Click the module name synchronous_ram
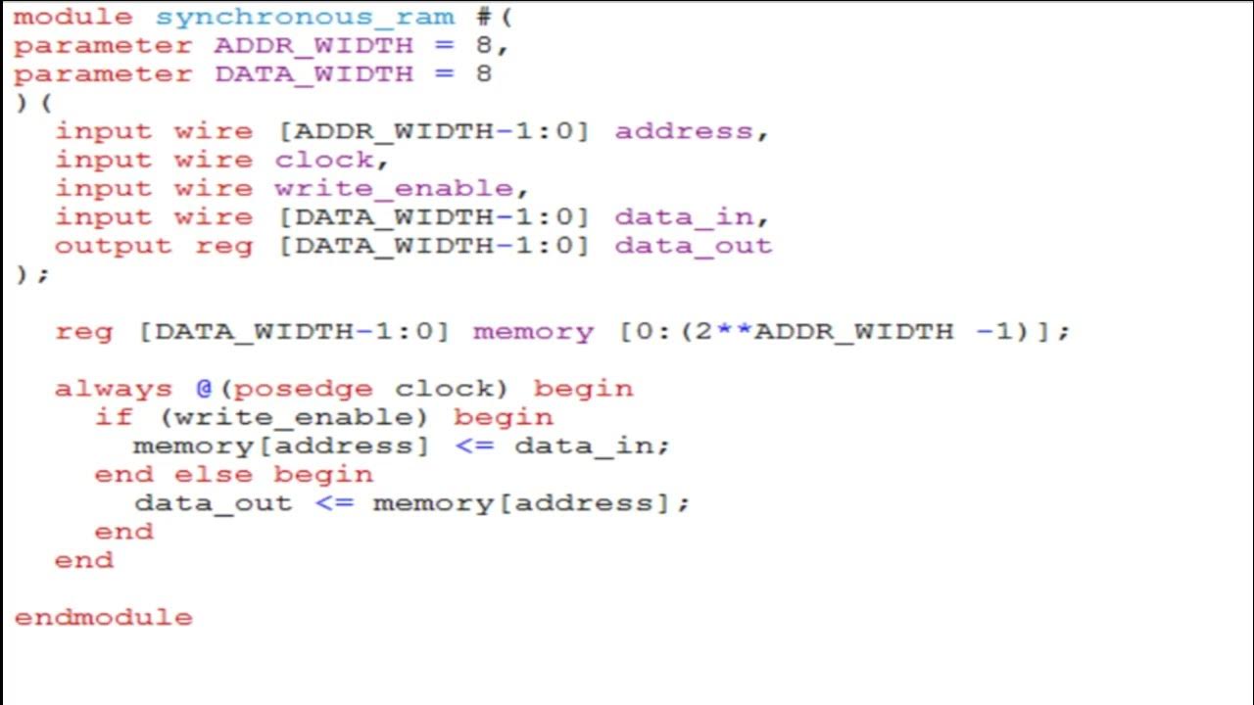[x=305, y=17]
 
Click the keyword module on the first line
[x=72, y=17]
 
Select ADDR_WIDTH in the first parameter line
[x=313, y=45]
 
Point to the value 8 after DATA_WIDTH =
[x=483, y=73]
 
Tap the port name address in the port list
[x=684, y=131]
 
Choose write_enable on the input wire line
[x=394, y=188]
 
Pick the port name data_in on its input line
[x=684, y=216]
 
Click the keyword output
[x=113, y=245]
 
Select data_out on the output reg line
[x=693, y=245]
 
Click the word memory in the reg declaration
[x=533, y=331]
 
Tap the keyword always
[x=113, y=389]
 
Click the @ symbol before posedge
[x=204, y=389]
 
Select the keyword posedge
[x=304, y=389]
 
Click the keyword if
[x=114, y=417]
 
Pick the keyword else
[x=213, y=475]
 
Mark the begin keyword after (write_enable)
[x=504, y=417]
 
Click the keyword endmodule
[x=103, y=618]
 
